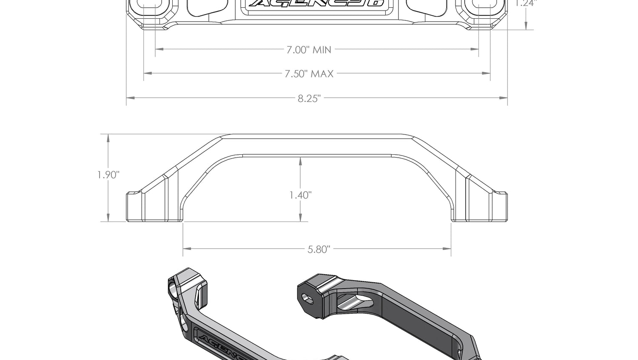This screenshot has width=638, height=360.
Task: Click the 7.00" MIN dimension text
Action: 308,50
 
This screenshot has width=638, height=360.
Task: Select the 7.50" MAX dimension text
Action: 309,74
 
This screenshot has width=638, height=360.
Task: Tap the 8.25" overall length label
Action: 309,99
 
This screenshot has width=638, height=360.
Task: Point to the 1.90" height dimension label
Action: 108,175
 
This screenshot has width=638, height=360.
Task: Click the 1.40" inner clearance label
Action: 300,195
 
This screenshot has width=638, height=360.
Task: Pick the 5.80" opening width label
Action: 319,249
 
